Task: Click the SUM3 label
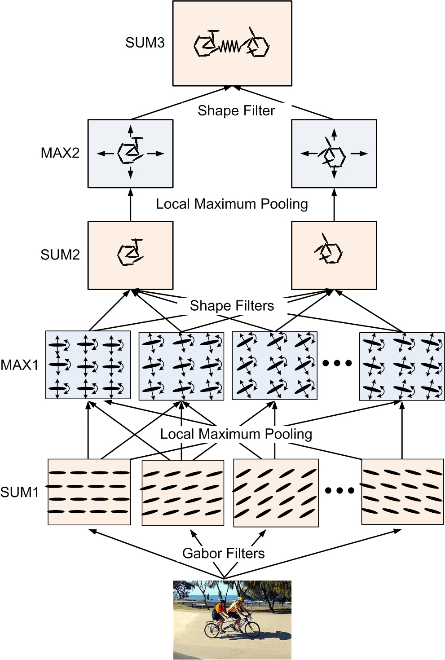pos(145,43)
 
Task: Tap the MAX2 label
pos(60,153)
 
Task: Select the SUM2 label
pos(60,255)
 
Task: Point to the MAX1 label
pos(19,365)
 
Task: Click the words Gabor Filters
pos(223,553)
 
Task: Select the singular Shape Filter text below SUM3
pos(236,111)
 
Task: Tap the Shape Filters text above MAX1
pos(232,306)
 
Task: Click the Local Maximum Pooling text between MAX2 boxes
pos(232,204)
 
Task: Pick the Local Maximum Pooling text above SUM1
pos(236,434)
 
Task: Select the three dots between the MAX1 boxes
pos(337,363)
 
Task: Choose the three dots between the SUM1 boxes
pos(339,490)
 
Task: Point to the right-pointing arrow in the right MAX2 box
pos(359,153)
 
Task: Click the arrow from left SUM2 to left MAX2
pos(131,205)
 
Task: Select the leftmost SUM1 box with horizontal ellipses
pos(89,492)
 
